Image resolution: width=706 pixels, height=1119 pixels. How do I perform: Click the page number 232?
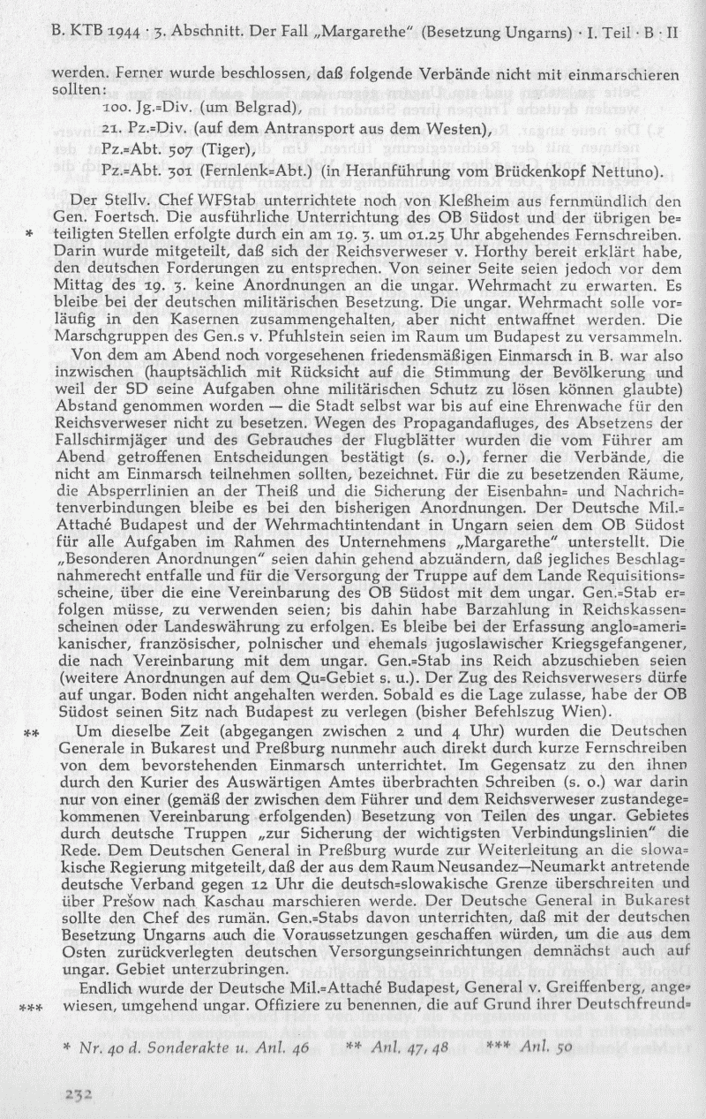click(x=78, y=1093)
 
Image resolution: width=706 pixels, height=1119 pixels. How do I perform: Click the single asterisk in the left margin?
click(x=30, y=236)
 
